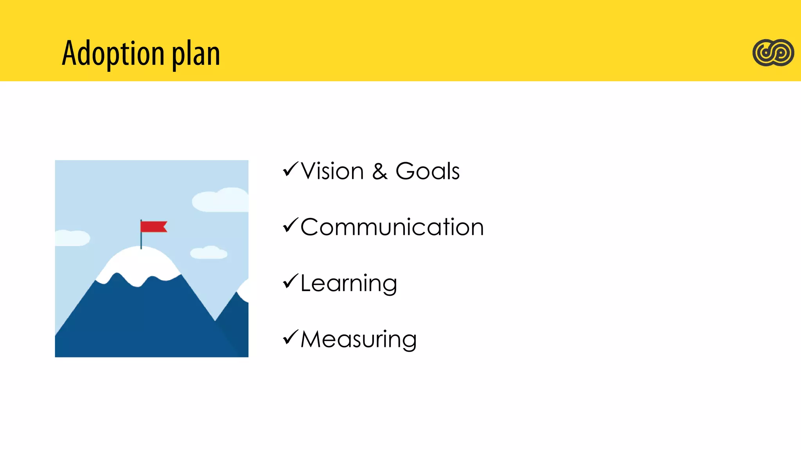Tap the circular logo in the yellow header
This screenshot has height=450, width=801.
point(773,53)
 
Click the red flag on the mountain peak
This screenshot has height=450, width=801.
point(154,227)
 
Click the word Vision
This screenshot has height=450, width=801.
point(332,171)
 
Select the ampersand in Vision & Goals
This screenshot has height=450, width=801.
point(379,171)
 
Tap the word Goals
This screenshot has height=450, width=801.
point(427,171)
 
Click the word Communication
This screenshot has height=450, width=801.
point(392,227)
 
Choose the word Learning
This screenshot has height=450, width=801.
point(348,283)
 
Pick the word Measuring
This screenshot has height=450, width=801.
point(358,339)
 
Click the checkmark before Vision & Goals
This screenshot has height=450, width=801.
point(290,170)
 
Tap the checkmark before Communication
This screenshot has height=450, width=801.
point(290,225)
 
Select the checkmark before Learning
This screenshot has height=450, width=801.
point(290,281)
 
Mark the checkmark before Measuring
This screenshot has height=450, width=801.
point(290,337)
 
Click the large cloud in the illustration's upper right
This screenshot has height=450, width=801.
point(221,200)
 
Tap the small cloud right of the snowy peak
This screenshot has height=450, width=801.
point(209,253)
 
